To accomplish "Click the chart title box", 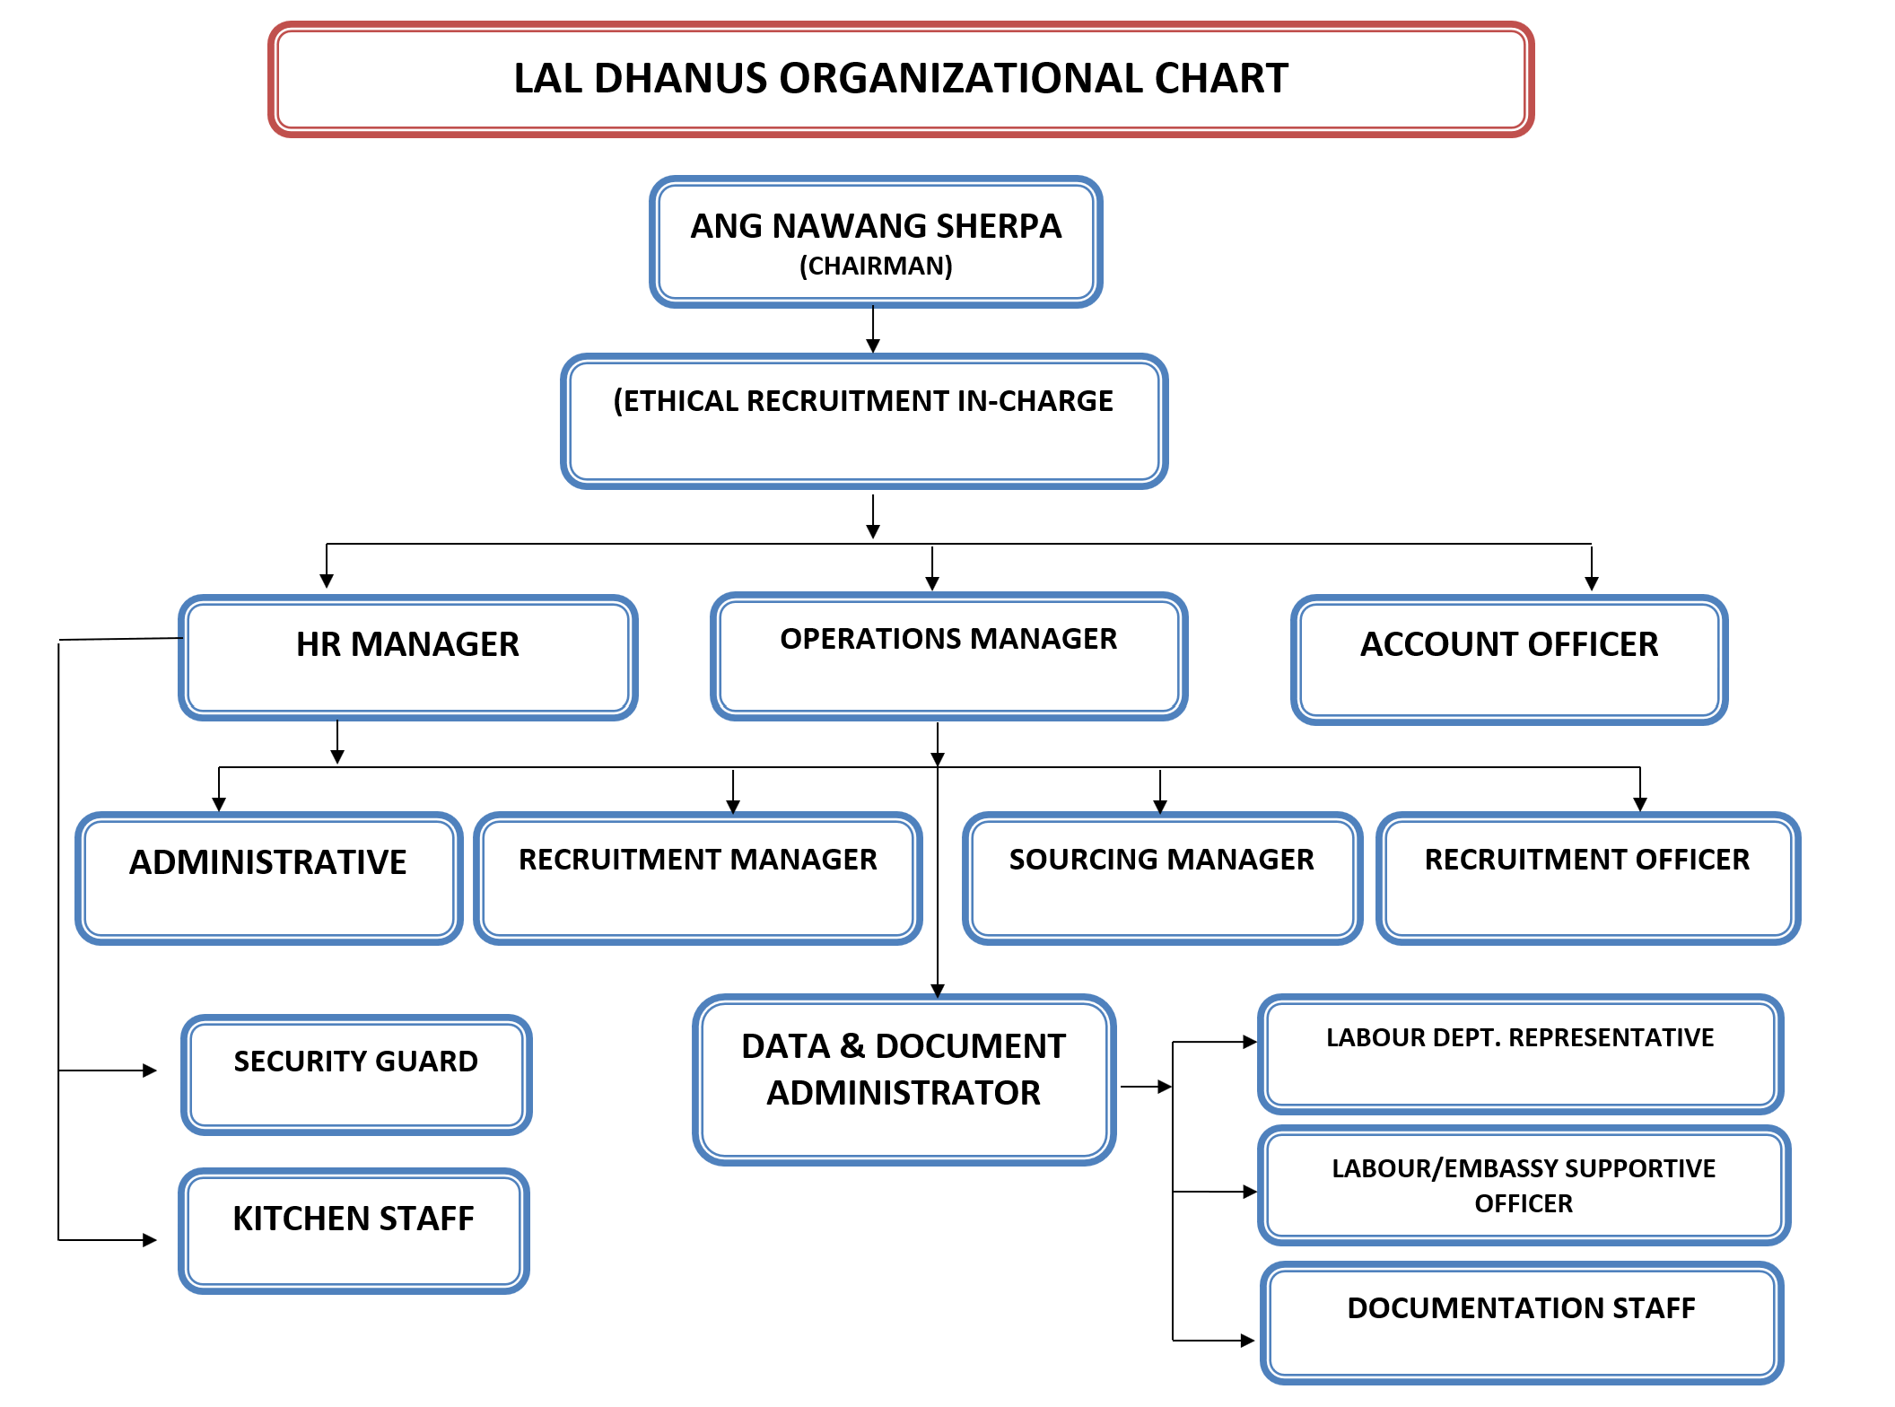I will [901, 79].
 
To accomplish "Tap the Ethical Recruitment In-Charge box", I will [863, 421].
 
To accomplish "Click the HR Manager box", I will [408, 658].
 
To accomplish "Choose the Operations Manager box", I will [948, 656].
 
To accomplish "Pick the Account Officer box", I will [1509, 660].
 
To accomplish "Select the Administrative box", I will [268, 878].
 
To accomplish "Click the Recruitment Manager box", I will [698, 878].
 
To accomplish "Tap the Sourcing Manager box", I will [1162, 878].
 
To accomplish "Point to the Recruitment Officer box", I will [1587, 878].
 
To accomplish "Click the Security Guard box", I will [356, 1075].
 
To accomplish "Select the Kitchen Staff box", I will [354, 1230].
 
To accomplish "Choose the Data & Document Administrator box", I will [904, 1079].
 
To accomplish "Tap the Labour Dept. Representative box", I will [1520, 1054].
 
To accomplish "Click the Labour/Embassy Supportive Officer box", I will [1524, 1185].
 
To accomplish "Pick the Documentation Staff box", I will [1521, 1323].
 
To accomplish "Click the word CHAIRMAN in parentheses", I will [876, 267].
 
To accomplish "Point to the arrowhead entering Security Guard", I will [150, 1071].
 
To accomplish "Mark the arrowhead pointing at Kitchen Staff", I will [150, 1240].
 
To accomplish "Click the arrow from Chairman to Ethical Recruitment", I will [873, 329].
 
